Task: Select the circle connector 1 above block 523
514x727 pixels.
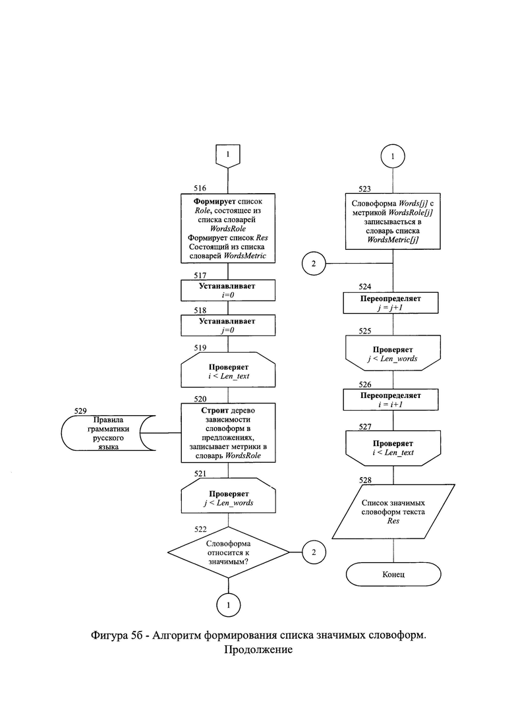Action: pos(393,156)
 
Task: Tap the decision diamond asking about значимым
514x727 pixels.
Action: pos(228,552)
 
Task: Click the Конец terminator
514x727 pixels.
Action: pos(393,574)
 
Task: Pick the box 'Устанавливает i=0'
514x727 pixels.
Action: pos(227,290)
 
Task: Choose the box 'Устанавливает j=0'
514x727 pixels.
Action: pos(227,325)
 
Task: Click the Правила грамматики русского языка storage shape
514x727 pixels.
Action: pos(108,433)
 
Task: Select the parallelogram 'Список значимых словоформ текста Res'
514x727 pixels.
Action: pos(393,511)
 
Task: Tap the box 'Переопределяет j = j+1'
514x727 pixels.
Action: pos(390,303)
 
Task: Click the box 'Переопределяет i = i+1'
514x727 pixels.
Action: pos(390,399)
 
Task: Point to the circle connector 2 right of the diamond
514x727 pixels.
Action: pos(314,552)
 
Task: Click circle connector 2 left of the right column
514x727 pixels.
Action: pos(314,264)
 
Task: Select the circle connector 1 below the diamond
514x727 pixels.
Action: pos(228,604)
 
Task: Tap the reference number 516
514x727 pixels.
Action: pos(200,189)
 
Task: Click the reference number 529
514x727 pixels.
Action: pos(80,411)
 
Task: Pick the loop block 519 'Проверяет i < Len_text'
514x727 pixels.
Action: pos(228,370)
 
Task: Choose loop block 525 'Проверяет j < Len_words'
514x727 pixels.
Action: pos(393,353)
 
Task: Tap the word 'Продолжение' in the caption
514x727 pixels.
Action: pos(258,650)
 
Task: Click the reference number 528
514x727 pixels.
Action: pos(365,480)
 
